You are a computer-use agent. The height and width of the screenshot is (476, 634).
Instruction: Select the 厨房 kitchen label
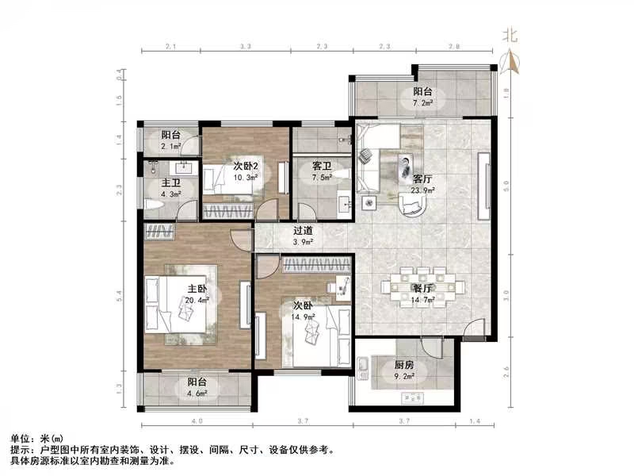pyautogui.click(x=403, y=366)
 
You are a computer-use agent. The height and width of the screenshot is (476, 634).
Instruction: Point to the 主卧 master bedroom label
pyautogui.click(x=197, y=289)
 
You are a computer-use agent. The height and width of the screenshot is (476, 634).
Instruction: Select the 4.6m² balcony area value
pyautogui.click(x=197, y=392)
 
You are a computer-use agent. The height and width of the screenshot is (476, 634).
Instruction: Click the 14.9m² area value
pyautogui.click(x=304, y=317)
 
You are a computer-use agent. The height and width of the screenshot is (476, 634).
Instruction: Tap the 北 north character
pyautogui.click(x=510, y=34)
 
